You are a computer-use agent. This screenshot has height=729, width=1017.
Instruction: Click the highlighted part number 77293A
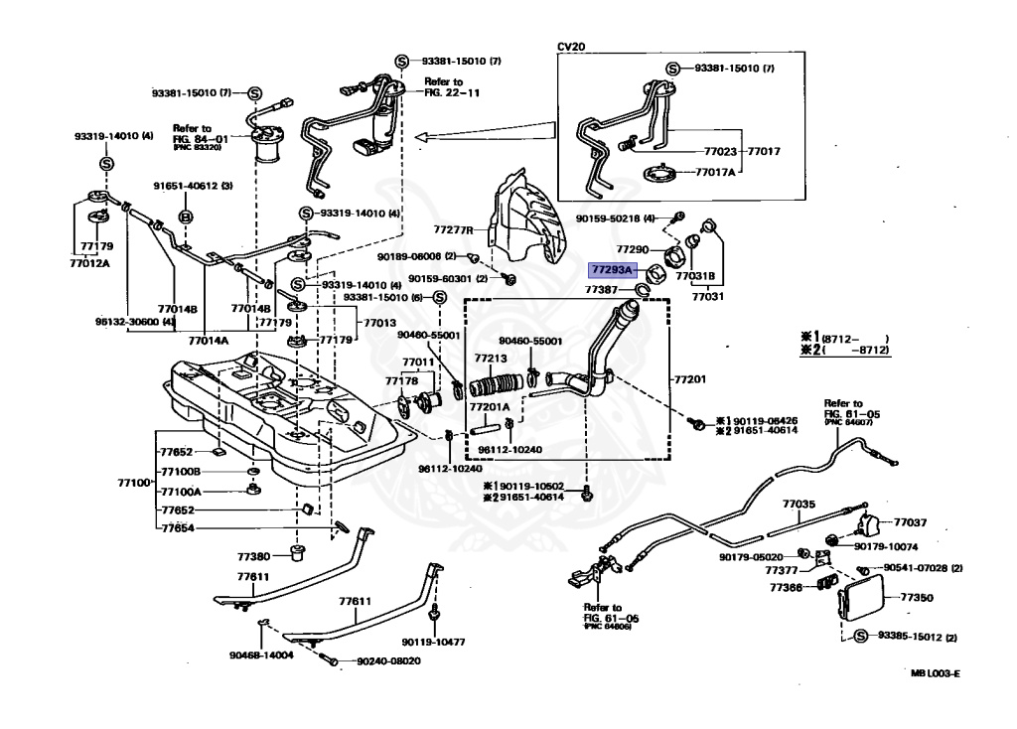(612, 269)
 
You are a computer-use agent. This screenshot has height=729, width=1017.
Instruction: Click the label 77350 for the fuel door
(916, 598)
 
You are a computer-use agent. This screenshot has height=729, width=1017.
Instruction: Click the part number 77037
(910, 521)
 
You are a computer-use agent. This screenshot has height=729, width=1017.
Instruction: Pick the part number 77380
(253, 556)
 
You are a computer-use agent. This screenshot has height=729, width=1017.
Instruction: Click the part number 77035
(798, 505)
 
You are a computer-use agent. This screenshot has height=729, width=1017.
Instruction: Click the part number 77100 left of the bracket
(133, 482)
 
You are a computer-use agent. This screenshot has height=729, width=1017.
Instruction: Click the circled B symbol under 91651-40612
(185, 216)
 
